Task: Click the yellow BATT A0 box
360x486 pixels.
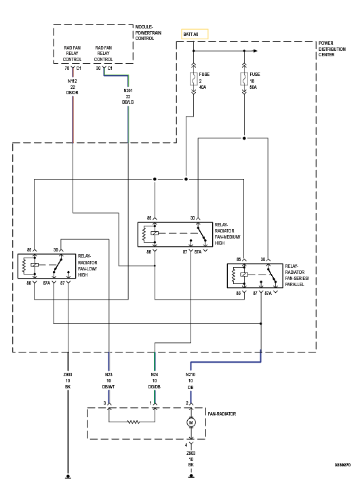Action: (195, 34)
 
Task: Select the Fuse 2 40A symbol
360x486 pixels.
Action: (193, 79)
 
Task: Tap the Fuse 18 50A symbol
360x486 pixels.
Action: (244, 79)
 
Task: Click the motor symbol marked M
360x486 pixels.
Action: (191, 422)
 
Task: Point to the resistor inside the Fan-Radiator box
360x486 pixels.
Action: (134, 422)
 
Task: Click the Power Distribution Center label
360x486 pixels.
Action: (332, 49)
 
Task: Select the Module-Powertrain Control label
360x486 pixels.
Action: (148, 33)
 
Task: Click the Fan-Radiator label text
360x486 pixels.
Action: (222, 413)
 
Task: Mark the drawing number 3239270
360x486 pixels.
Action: (342, 465)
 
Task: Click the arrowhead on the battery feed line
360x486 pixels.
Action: (256, 51)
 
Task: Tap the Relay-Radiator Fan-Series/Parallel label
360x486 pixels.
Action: (297, 275)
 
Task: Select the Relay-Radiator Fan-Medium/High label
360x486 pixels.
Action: (227, 234)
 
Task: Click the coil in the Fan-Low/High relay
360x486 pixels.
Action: (24, 265)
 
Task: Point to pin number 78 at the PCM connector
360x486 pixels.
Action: (67, 68)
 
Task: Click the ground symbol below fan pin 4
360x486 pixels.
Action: (191, 475)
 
